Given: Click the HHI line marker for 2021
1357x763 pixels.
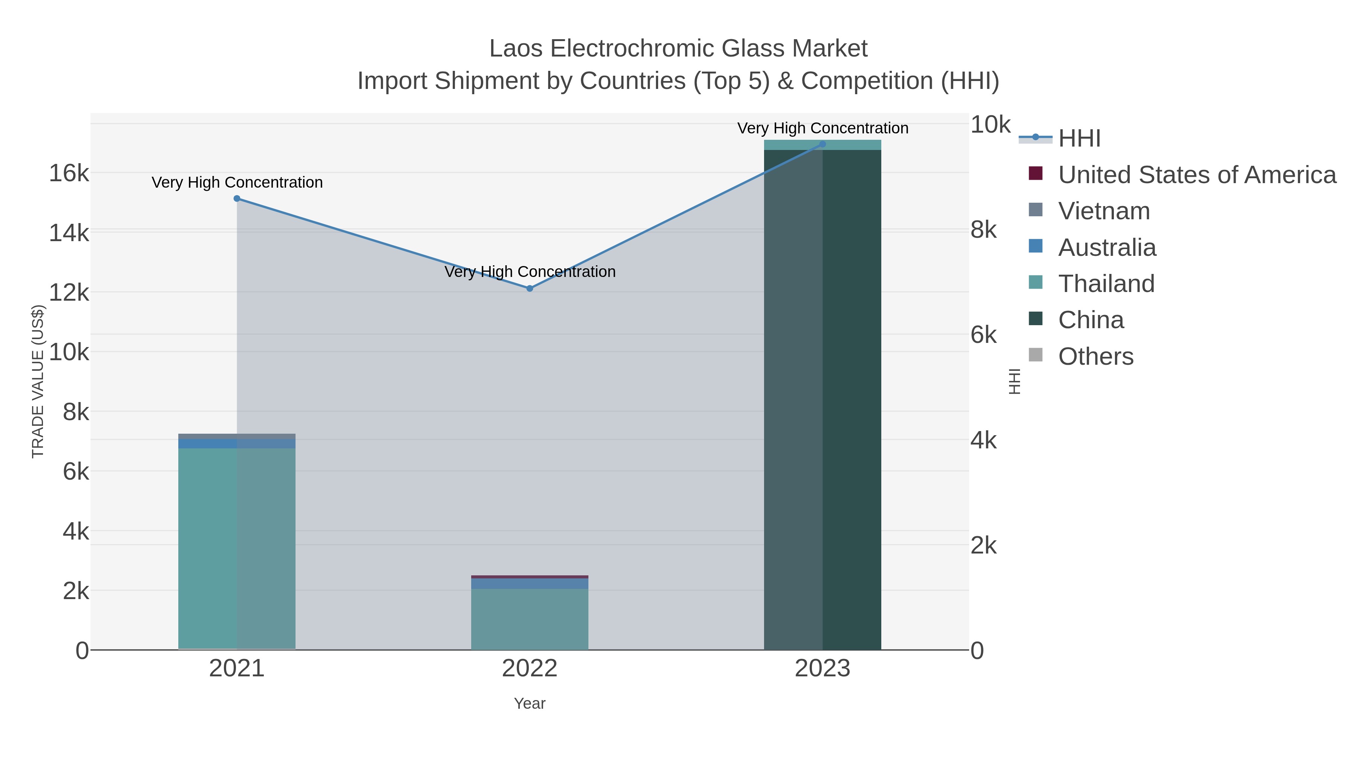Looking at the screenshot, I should (x=237, y=199).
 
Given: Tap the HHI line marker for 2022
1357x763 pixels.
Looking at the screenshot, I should (x=530, y=289).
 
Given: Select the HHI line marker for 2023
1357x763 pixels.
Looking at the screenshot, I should (x=822, y=144).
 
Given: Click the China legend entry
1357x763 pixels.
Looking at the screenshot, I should (x=1091, y=320).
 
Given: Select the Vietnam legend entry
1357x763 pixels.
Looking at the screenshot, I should (x=1104, y=211).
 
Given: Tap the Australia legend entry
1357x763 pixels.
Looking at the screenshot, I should (x=1107, y=248).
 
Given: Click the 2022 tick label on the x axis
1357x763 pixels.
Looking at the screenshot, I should (x=530, y=669).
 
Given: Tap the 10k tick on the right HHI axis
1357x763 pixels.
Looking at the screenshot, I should (x=990, y=125).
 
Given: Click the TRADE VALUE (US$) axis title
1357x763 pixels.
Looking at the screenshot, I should (x=38, y=381).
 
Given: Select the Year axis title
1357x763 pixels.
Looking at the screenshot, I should (x=530, y=703).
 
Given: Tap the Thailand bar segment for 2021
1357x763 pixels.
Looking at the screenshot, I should (x=237, y=547).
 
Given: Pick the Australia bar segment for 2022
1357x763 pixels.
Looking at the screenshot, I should (x=530, y=583).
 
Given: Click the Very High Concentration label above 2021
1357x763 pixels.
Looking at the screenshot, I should (x=237, y=183).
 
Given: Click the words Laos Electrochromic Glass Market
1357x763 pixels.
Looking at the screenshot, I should (x=678, y=49).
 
